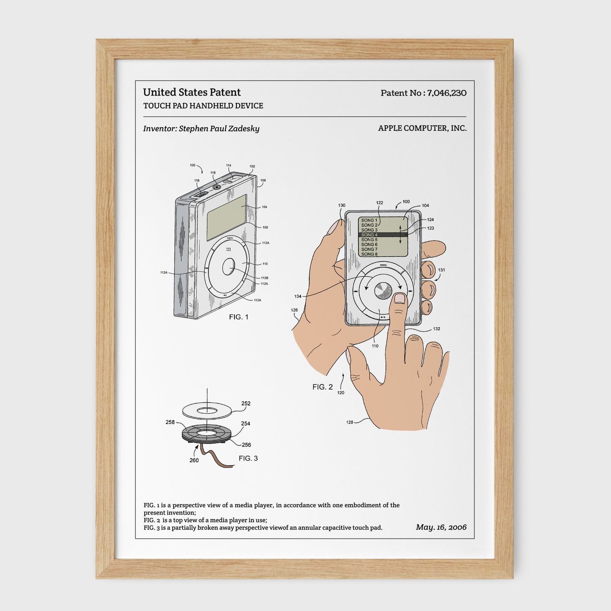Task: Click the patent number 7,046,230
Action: [447, 93]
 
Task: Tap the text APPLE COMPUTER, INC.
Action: [422, 128]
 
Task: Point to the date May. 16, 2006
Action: [441, 527]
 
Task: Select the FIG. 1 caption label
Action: [238, 317]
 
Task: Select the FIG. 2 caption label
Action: [322, 387]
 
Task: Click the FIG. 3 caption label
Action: [248, 458]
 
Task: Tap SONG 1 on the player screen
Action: [369, 220]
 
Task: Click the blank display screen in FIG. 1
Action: [227, 217]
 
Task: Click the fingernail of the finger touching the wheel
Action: [399, 299]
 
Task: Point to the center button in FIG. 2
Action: [383, 290]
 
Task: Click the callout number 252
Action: [246, 403]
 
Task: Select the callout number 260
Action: [194, 460]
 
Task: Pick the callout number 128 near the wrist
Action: [350, 422]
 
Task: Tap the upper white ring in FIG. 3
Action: [207, 410]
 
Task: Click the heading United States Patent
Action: [192, 92]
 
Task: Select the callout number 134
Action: [298, 296]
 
